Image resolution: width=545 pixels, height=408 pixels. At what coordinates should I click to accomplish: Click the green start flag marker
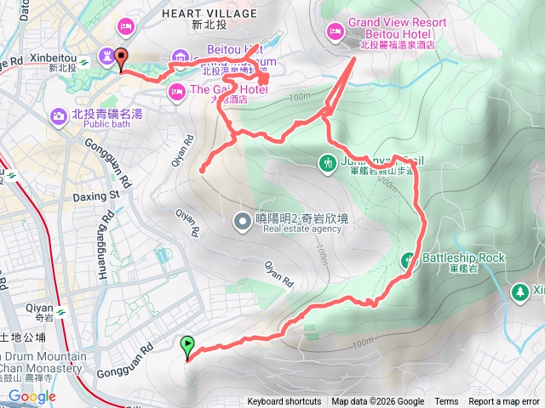point(187,345)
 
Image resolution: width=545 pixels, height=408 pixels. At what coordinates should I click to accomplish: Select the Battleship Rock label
point(464,258)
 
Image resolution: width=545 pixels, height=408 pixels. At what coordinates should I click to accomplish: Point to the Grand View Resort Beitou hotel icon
point(335,32)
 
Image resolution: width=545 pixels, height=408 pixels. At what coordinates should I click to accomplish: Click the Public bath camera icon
point(59,115)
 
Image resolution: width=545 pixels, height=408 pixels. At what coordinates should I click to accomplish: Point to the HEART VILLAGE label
point(209,14)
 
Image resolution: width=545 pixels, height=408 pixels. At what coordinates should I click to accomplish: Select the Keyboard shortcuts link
point(284,402)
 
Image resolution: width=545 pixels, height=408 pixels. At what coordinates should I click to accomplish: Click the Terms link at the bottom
point(446,402)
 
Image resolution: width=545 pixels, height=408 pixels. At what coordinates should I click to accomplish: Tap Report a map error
point(505,402)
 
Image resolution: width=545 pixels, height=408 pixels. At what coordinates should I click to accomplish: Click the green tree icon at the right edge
point(519,292)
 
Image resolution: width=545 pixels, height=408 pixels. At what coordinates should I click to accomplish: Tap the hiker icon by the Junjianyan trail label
point(328,161)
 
